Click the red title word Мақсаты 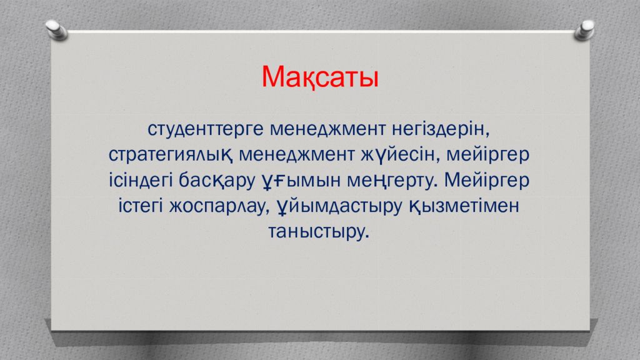tap(320, 77)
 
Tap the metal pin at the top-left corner tap(56, 30)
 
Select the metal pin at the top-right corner tap(584, 30)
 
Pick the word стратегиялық tap(171, 155)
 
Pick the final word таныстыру tap(319, 231)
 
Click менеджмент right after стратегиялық tap(296, 155)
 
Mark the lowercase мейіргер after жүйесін tap(487, 155)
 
